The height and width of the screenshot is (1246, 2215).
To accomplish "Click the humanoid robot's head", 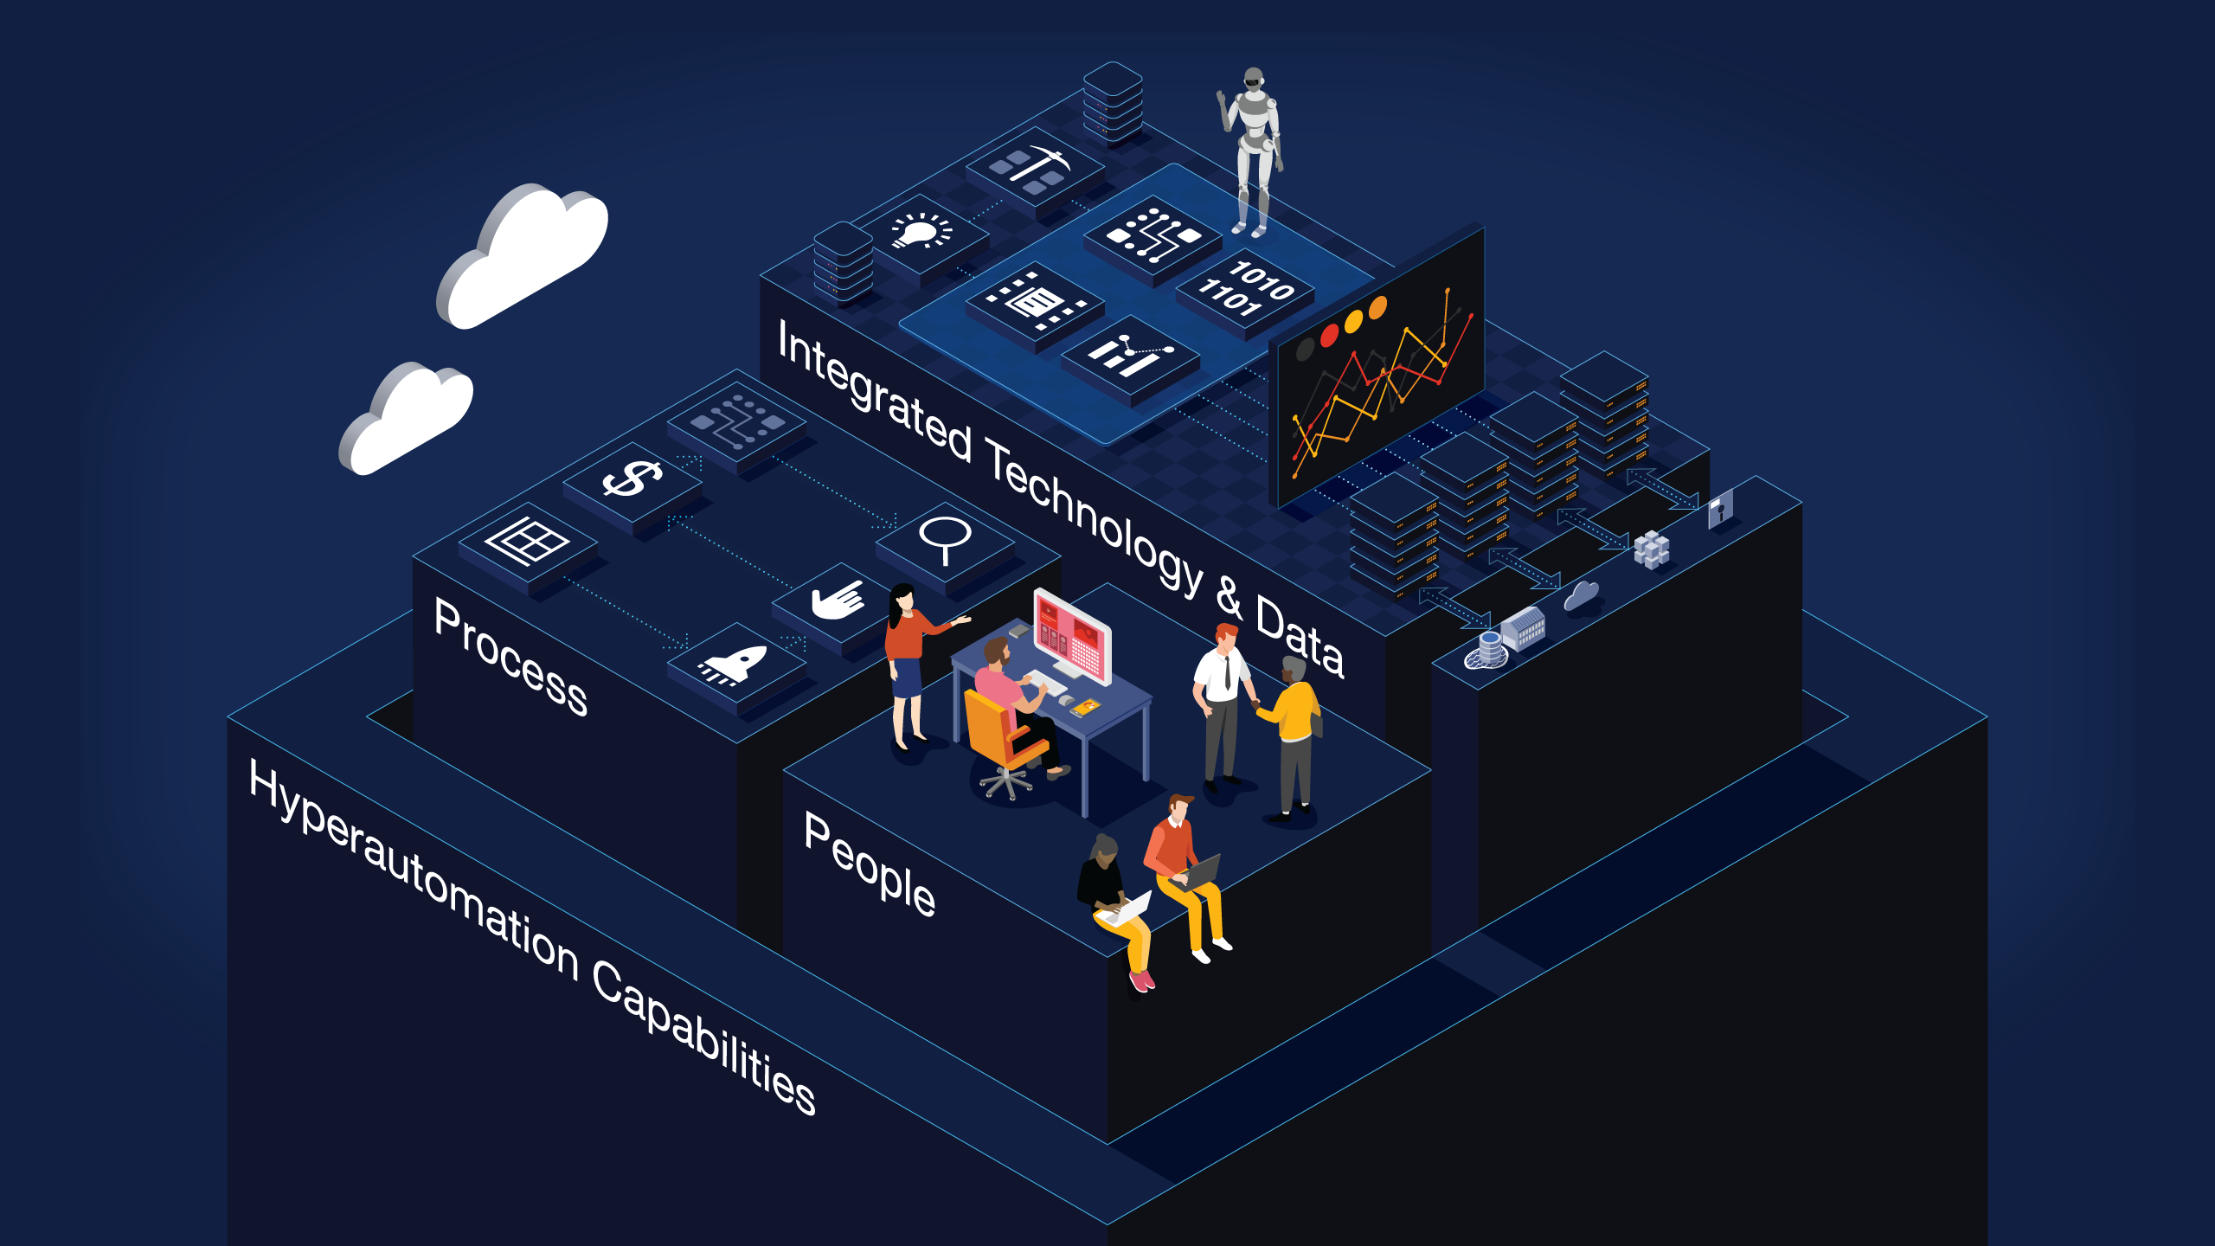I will tap(1252, 80).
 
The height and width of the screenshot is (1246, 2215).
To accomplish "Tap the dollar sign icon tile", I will tap(632, 480).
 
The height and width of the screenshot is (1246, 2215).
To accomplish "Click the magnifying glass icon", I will tap(945, 538).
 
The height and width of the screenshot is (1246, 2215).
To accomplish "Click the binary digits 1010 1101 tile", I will tap(1245, 288).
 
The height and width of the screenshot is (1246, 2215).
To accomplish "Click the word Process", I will tap(510, 658).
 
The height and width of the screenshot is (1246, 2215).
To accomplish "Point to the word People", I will tap(870, 865).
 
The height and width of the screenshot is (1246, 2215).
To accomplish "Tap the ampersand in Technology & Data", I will tap(1229, 597).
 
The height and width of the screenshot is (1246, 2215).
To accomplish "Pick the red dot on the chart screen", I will tap(1329, 334).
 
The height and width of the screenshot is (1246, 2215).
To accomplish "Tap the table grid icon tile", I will tap(527, 543).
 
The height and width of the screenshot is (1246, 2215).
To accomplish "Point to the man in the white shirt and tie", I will tap(1222, 701).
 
